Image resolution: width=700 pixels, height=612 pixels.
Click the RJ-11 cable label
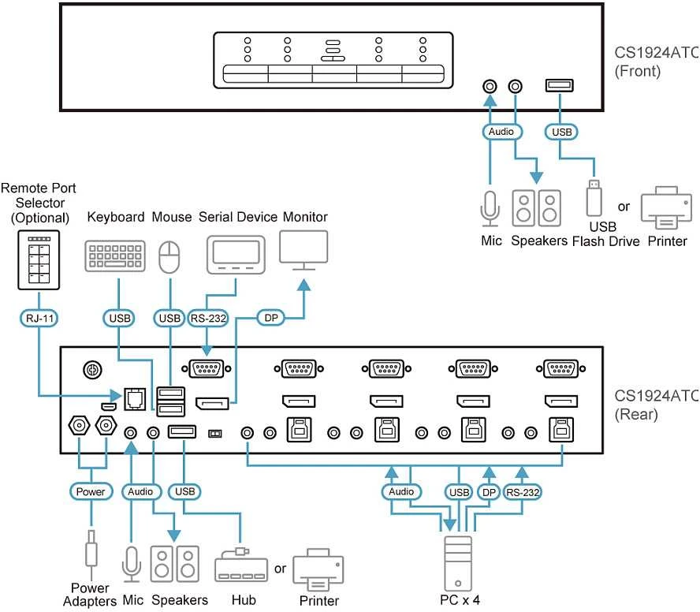pyautogui.click(x=39, y=319)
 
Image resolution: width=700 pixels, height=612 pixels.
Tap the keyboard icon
pyautogui.click(x=115, y=256)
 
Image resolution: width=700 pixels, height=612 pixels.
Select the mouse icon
pyautogui.click(x=169, y=257)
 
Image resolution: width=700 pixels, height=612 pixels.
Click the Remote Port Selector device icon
pyautogui.click(x=39, y=260)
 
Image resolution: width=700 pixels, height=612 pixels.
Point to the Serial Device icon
pyautogui.click(x=236, y=255)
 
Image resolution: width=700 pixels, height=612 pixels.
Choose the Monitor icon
pyautogui.click(x=303, y=250)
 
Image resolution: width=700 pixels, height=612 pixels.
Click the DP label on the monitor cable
pyautogui.click(x=271, y=318)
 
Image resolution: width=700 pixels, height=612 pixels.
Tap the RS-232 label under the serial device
pyautogui.click(x=208, y=319)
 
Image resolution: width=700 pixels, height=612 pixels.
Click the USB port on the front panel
pyautogui.click(x=560, y=85)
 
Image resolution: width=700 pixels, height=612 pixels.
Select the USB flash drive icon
pyautogui.click(x=594, y=198)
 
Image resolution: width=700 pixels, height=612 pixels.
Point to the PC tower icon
pyautogui.click(x=458, y=564)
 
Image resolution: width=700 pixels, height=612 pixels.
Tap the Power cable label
pyautogui.click(x=91, y=492)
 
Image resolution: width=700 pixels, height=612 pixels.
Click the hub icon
pyautogui.click(x=241, y=565)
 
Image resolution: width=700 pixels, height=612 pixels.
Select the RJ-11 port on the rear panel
pyautogui.click(x=135, y=399)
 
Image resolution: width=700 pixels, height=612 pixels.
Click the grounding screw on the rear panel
pyautogui.click(x=92, y=370)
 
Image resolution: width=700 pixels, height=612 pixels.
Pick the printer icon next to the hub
pyautogui.click(x=318, y=570)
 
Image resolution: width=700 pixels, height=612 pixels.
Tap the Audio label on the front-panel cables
pyautogui.click(x=502, y=132)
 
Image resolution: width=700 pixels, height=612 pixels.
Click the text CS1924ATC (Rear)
pyautogui.click(x=656, y=405)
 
